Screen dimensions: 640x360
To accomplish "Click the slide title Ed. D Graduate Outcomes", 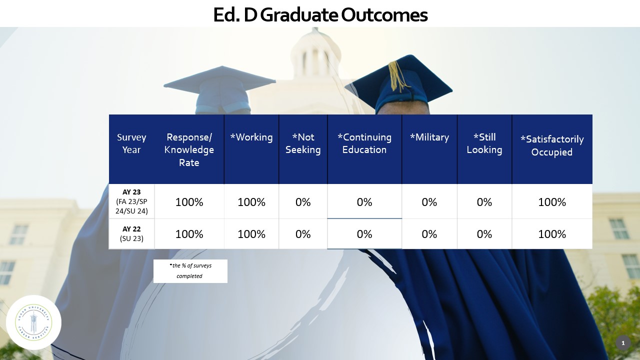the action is [x=320, y=15].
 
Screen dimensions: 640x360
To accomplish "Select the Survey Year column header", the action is [x=131, y=143].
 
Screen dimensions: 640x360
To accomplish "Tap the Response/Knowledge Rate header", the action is [x=189, y=149].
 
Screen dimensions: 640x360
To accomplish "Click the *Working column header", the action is [x=251, y=137].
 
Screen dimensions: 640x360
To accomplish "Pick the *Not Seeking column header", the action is [x=303, y=143].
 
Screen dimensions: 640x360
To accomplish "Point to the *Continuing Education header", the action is [x=364, y=143].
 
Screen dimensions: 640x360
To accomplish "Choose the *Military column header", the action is [x=429, y=137].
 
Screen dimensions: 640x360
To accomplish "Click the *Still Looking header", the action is [x=484, y=143].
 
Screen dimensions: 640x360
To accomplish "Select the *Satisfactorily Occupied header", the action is [x=552, y=145].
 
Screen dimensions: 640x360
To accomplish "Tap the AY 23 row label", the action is [x=131, y=201].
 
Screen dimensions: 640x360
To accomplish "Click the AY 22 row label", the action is [x=131, y=233].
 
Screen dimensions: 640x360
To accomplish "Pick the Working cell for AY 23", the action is [x=251, y=202].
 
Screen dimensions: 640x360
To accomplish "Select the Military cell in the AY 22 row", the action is [x=429, y=234].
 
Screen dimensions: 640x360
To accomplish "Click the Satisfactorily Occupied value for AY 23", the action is [x=552, y=202].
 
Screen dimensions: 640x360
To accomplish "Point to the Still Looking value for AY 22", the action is [x=484, y=234].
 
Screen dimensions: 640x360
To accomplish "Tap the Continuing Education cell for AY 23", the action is [x=364, y=202].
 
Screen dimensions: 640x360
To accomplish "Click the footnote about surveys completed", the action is [x=190, y=271].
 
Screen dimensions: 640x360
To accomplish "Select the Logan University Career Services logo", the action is [x=33, y=322].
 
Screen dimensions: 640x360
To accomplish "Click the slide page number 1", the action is [x=623, y=343].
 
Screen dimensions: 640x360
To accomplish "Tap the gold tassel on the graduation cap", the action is [x=398, y=75].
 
